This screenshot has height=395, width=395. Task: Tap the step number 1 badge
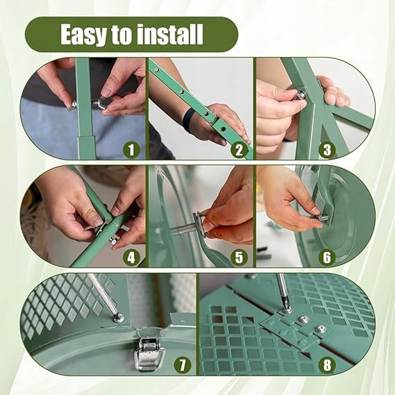131,150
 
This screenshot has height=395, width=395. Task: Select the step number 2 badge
239,150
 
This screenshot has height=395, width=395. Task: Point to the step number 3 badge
327,150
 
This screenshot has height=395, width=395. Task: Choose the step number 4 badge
131,258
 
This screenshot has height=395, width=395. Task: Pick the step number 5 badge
239,258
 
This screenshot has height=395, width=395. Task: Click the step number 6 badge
327,258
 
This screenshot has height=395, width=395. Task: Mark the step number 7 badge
183,364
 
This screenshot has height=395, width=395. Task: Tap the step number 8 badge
327,364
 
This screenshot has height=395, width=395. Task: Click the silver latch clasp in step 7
149,353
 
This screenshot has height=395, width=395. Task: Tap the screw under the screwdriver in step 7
118,319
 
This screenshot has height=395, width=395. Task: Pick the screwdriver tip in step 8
287,307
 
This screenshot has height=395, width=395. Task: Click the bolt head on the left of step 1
71,105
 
